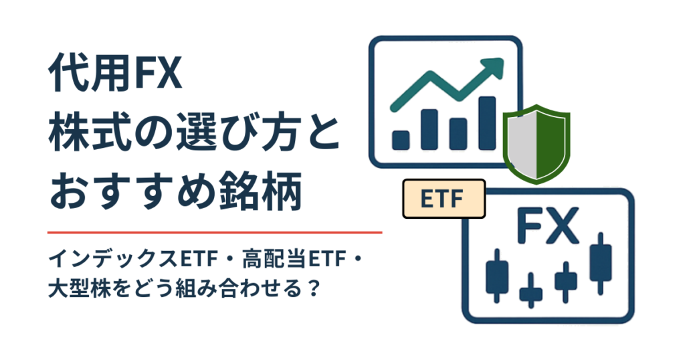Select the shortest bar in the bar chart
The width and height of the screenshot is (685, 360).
[401, 139]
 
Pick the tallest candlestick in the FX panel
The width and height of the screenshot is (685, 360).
[601, 257]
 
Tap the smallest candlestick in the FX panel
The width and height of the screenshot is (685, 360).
[531, 289]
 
